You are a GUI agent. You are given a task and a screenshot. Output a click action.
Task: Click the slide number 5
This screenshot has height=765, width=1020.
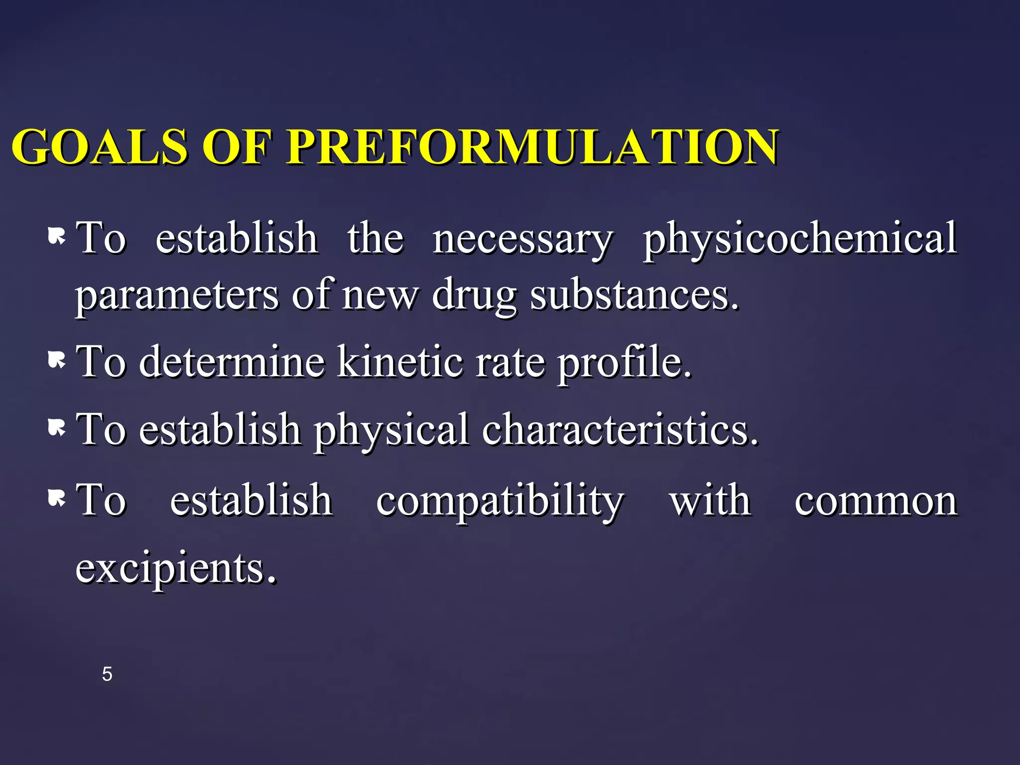point(107,674)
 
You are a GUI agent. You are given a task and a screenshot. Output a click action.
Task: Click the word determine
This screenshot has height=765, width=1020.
point(232,362)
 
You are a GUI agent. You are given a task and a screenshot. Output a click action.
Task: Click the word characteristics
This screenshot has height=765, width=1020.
point(620,429)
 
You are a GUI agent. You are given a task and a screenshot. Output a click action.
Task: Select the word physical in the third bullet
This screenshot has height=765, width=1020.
point(391,430)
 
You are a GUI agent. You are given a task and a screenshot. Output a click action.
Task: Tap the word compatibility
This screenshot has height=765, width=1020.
point(500,501)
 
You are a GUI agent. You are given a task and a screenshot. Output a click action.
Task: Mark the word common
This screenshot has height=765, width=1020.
point(876,501)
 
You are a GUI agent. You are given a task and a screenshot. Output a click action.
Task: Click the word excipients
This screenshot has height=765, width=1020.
point(175,569)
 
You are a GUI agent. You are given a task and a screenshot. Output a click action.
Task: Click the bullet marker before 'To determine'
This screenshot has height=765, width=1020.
point(57,360)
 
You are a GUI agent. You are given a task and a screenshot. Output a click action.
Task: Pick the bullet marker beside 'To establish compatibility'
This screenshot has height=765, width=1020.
point(57,498)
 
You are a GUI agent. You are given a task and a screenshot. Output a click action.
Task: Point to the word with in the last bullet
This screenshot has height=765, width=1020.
point(710,500)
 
